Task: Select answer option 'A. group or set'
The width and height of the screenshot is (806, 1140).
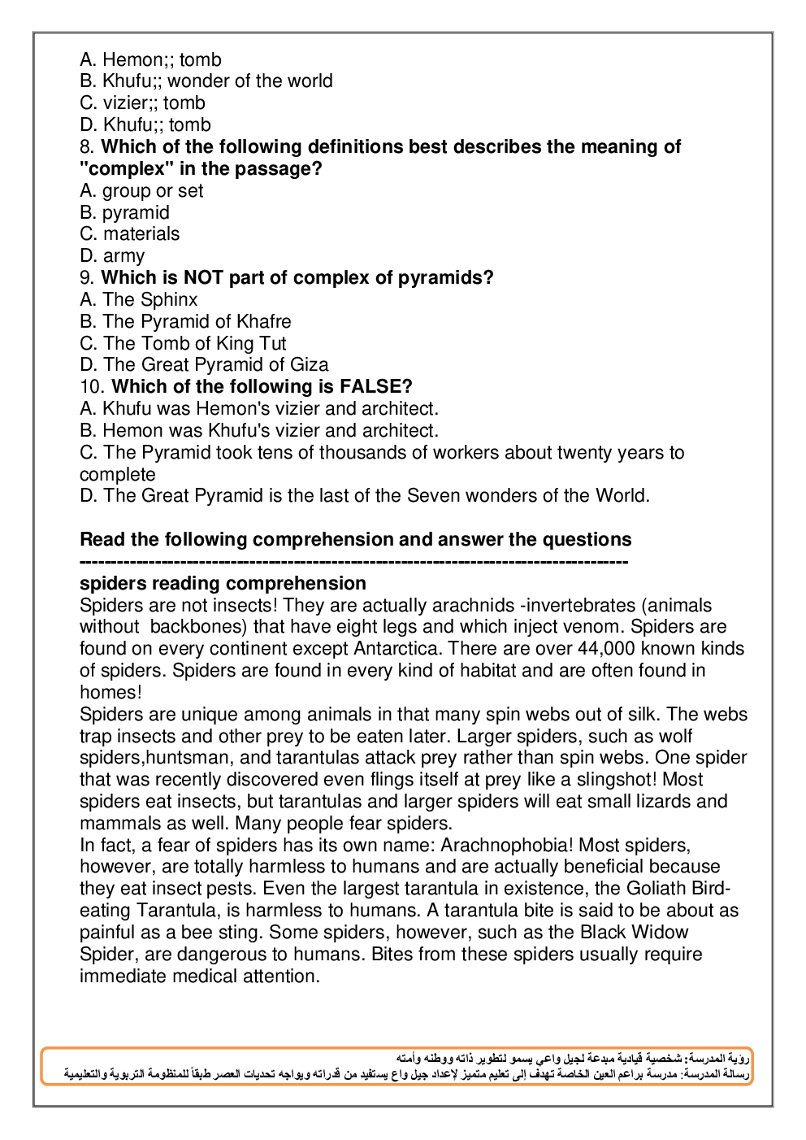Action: click(141, 191)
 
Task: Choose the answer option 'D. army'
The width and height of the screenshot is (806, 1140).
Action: click(112, 256)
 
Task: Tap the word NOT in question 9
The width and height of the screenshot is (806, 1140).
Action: click(203, 278)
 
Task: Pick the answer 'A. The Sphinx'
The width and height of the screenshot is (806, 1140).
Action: click(139, 300)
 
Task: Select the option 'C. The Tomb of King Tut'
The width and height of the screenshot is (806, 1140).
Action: click(183, 344)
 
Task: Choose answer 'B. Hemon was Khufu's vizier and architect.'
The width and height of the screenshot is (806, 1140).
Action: click(259, 431)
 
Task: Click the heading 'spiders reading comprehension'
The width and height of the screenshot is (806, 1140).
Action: click(223, 584)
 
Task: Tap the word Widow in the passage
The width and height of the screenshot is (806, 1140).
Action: click(658, 933)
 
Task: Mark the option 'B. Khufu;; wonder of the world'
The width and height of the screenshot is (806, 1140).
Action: click(206, 81)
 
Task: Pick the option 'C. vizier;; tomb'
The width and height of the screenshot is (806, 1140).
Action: click(143, 103)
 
